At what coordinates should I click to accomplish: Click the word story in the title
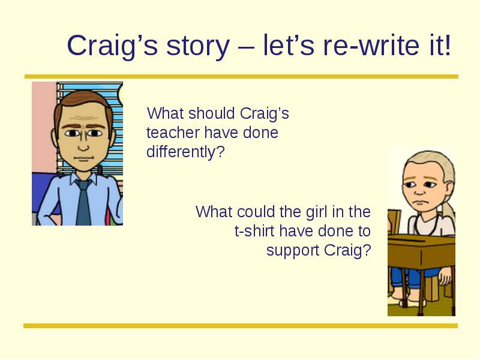coord(198,47)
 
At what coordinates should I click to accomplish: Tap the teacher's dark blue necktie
coord(83,202)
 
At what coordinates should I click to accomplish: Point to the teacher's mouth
coord(83,158)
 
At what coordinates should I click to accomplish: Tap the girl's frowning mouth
coord(422,203)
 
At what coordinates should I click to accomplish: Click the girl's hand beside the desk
coord(445,275)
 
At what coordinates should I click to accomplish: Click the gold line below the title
coord(241,77)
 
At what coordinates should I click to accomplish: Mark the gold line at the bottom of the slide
coord(241,326)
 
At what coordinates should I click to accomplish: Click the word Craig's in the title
coord(112,47)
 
